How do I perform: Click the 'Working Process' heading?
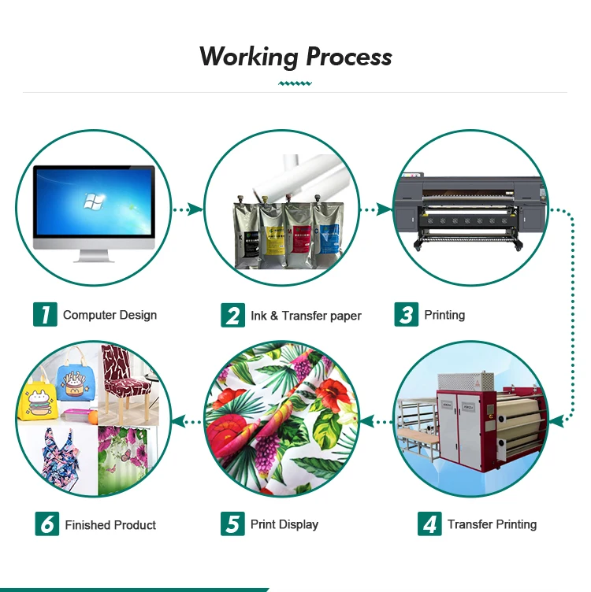coord(295,57)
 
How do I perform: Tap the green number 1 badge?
coord(44,315)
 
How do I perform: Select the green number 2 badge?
coord(232,316)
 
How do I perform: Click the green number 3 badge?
coord(406,315)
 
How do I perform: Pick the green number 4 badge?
coord(429,524)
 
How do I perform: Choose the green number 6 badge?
coord(46,524)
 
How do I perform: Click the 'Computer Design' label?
coord(110,315)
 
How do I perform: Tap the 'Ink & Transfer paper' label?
coord(306,316)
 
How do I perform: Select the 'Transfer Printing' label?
coord(492,524)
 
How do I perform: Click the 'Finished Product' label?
coord(110,525)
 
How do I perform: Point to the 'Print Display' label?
coord(284,524)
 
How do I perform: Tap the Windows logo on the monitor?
coord(92,202)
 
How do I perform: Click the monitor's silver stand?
coord(93,254)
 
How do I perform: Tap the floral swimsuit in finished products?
coord(57,457)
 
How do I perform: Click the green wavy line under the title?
coord(295,82)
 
